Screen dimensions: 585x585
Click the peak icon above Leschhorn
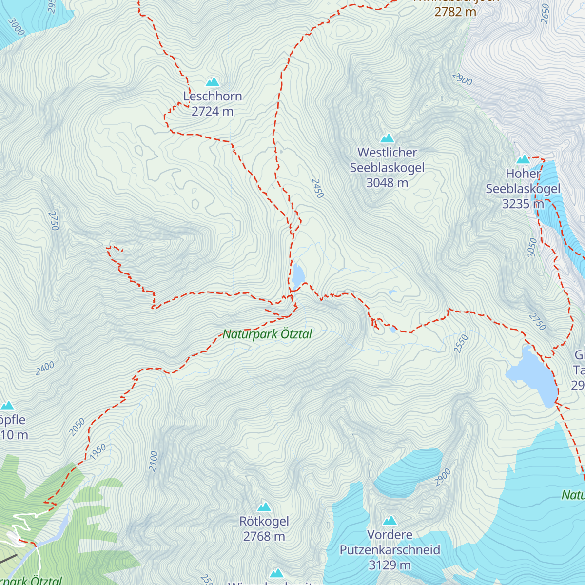212,82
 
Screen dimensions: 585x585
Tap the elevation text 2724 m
213,112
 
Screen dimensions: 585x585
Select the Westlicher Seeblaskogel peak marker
388,138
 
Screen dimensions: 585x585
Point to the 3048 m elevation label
387,183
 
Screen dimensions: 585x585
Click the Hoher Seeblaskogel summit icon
523,159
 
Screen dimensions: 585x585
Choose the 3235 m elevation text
523,204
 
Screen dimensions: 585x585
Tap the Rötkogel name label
264,522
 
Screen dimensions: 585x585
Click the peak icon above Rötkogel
264,507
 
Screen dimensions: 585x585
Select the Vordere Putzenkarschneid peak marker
390,521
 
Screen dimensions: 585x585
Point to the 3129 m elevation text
390,565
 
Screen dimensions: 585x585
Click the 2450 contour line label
317,189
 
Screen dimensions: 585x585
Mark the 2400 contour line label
45,369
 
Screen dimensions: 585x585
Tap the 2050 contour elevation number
77,427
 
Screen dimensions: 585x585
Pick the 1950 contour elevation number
98,451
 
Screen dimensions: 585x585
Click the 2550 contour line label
461,344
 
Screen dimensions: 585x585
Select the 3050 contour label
532,248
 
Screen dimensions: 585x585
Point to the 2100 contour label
154,461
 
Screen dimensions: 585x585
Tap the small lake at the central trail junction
298,276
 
